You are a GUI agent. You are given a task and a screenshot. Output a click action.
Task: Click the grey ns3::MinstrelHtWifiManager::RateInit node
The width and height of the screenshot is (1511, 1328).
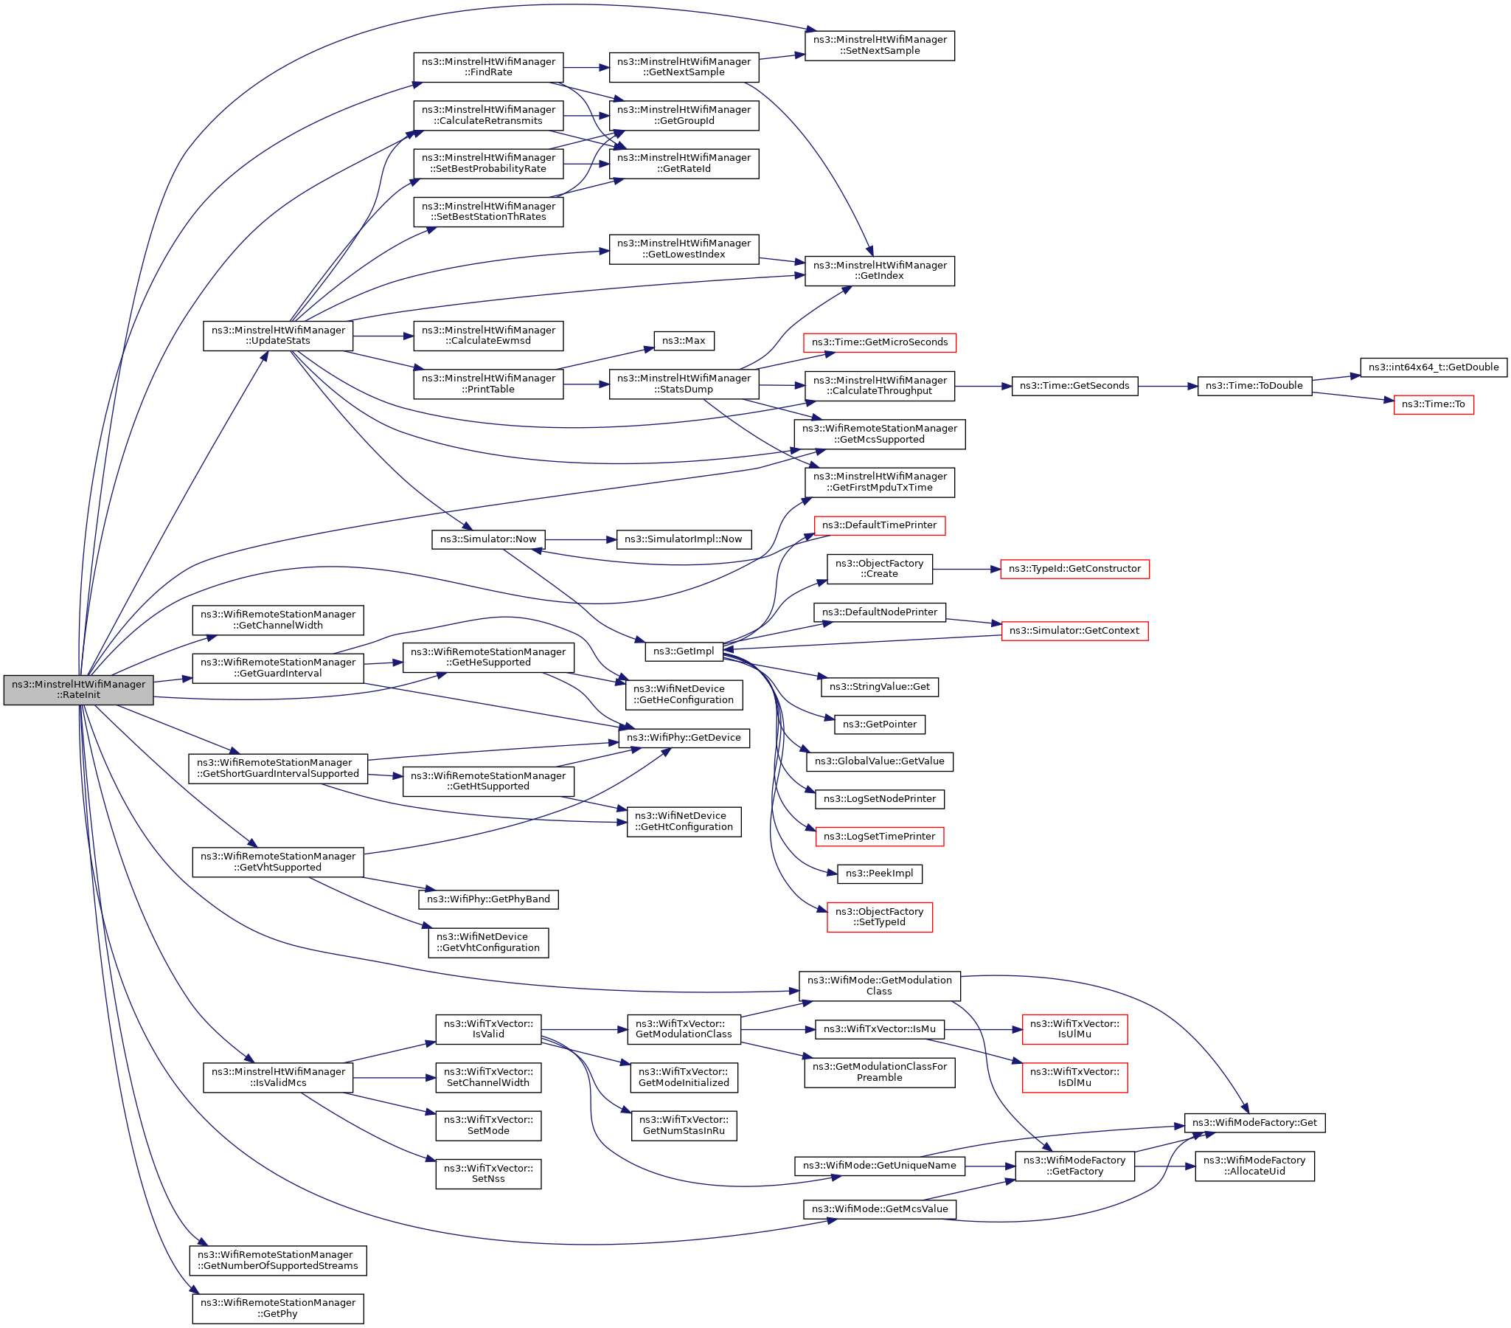pyautogui.click(x=78, y=689)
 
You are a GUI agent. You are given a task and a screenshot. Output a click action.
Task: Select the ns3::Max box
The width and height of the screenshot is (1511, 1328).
pyautogui.click(x=683, y=341)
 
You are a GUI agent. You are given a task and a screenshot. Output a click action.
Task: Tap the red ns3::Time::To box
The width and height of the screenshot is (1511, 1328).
pyautogui.click(x=1433, y=404)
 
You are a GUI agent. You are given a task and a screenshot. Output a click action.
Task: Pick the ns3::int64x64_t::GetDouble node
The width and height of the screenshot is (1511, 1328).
pyautogui.click(x=1433, y=367)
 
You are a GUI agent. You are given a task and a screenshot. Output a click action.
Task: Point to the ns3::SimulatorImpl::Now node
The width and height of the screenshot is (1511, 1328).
pyautogui.click(x=683, y=539)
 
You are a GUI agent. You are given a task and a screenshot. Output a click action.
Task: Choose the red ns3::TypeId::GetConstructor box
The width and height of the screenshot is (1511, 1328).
pyautogui.click(x=1074, y=569)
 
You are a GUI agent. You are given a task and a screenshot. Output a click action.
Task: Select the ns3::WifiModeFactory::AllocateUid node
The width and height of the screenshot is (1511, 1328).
pyautogui.click(x=1254, y=1166)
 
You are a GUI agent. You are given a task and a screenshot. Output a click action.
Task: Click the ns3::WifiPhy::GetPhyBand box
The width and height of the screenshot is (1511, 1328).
pyautogui.click(x=488, y=899)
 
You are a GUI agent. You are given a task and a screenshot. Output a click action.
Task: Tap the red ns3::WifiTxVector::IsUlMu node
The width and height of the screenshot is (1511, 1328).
pyautogui.click(x=1074, y=1028)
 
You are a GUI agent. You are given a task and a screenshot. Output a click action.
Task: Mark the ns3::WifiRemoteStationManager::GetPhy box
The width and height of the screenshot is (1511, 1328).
pyautogui.click(x=278, y=1308)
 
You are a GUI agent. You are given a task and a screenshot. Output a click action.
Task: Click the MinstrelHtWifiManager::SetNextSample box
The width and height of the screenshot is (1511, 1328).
pyautogui.click(x=879, y=45)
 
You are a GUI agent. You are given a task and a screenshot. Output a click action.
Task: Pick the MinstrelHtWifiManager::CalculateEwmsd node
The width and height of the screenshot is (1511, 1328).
pyautogui.click(x=488, y=336)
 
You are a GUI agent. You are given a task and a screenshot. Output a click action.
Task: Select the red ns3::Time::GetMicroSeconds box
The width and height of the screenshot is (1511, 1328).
pyautogui.click(x=879, y=342)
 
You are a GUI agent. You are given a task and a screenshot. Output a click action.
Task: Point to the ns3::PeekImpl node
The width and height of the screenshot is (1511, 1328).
pyautogui.click(x=879, y=874)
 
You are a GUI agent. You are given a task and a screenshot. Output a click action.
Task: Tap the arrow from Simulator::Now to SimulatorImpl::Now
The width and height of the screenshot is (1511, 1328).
pyautogui.click(x=580, y=540)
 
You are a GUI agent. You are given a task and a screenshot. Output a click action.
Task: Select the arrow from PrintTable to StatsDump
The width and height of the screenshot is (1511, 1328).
pyautogui.click(x=586, y=384)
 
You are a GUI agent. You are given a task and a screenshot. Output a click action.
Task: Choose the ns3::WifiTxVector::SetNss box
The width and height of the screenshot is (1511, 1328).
pyautogui.click(x=488, y=1174)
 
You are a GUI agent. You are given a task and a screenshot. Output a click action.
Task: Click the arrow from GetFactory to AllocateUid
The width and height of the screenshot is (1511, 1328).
pyautogui.click(x=1164, y=1166)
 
